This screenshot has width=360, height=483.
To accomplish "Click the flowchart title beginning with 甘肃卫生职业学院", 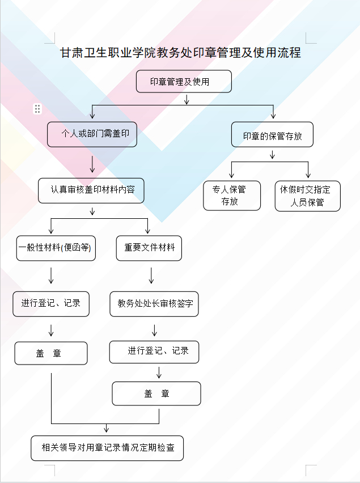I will (180, 53).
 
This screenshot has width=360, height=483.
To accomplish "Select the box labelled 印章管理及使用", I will (184, 82).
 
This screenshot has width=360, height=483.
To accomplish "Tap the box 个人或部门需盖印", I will (92, 135).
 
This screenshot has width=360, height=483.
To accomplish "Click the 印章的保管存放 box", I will (272, 136).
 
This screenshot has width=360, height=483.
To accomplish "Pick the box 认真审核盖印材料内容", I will (91, 190).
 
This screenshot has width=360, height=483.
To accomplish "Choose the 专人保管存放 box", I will (232, 196).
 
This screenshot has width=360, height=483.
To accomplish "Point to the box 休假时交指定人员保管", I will (308, 196).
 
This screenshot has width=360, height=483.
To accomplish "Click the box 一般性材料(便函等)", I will (56, 248).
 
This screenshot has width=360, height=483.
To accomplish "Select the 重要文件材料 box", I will (149, 248).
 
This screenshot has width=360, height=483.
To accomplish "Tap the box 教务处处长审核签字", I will (154, 304).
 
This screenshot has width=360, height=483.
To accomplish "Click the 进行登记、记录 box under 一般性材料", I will (52, 303).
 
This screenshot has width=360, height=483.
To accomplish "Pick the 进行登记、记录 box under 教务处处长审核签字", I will (154, 351).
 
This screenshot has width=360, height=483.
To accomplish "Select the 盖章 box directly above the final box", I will (156, 393).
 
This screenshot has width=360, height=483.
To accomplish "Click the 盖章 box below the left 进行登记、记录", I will (51, 353).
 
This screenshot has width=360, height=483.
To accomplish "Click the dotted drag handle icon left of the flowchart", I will (37, 109).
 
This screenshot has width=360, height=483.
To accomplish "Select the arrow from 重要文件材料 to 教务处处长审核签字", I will (151, 276).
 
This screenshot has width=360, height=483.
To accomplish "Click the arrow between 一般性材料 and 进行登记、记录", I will (52, 276).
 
